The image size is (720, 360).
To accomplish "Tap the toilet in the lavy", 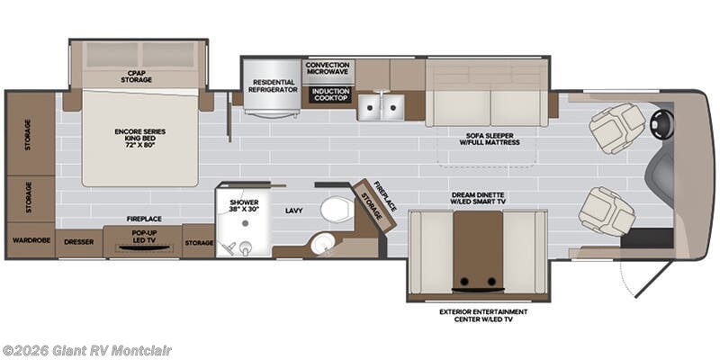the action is tap(337, 210).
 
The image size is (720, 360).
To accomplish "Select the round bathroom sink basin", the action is tap(321, 245).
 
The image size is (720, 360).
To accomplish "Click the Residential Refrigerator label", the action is tap(274, 85).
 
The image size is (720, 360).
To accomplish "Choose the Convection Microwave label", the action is tap(328, 68).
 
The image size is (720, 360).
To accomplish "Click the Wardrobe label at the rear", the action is tap(31, 240).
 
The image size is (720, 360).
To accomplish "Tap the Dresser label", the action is tap(79, 242).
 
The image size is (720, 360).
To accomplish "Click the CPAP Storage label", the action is tap(137, 76).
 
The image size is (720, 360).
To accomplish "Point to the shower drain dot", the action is tap(245, 223).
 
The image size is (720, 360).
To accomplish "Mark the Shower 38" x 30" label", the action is tap(244, 205).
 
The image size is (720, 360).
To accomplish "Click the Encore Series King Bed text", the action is tap(140, 138).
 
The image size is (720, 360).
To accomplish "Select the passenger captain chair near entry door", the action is tap(607, 211).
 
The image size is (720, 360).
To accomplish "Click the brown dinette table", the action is tap(478, 250).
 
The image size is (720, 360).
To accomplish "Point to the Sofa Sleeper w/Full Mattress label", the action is tap(489, 139).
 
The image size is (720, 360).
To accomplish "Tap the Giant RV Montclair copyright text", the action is tap(86, 351).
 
